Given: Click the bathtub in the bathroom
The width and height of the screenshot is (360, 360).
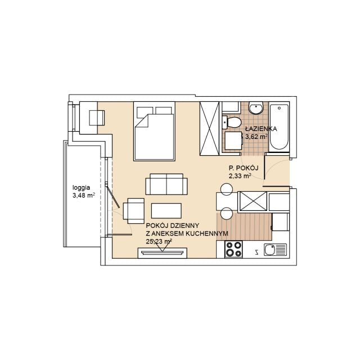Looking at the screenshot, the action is click(279, 127).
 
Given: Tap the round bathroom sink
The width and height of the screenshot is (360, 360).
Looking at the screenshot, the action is click(256, 108).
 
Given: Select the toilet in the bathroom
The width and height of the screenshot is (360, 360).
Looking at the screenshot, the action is click(231, 123).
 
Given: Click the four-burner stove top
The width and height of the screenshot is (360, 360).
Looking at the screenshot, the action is click(234, 249).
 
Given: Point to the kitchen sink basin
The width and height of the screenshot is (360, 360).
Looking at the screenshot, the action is click(269, 250).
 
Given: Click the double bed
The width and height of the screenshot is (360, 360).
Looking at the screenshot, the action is click(154, 131).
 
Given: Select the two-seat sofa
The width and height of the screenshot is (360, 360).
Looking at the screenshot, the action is click(166, 184).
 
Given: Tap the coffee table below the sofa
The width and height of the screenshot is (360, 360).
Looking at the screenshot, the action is click(166, 210).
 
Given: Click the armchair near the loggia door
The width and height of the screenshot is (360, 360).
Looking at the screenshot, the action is click(134, 211).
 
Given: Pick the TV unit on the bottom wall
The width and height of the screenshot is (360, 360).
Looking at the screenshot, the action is click(163, 253).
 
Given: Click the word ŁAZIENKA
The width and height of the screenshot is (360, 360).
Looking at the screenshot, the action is click(261, 129).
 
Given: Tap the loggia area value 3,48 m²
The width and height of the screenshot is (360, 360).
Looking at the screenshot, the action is click(84, 196).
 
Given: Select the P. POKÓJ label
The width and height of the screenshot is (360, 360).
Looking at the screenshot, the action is click(244, 168).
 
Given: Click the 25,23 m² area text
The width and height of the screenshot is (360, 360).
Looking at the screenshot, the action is click(159, 241).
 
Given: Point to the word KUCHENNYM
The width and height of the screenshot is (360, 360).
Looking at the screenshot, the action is click(206, 234).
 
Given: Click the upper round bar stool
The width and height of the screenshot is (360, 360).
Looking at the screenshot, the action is click(227, 190).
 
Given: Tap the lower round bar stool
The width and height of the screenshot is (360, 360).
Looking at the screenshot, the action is click(227, 214).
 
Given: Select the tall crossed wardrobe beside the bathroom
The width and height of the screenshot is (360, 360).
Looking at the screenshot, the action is click(209, 129).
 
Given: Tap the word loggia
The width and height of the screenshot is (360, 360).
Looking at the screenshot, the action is click(81, 188).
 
